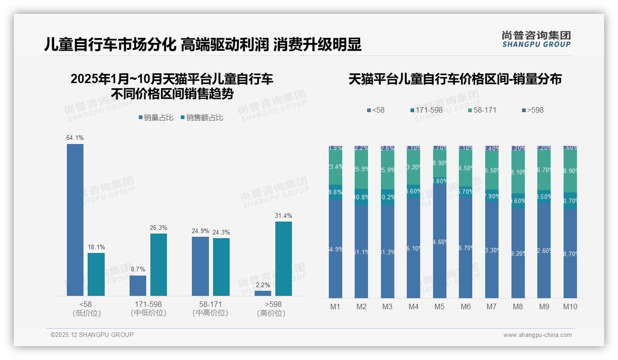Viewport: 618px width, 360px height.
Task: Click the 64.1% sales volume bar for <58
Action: point(75,220)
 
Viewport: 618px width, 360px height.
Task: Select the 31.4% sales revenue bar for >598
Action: point(284,258)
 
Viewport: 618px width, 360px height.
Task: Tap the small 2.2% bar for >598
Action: point(263,293)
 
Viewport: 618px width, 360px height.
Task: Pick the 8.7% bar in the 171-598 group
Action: point(138,286)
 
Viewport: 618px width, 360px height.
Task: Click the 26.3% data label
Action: point(158,228)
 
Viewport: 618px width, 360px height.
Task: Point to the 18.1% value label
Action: point(96,247)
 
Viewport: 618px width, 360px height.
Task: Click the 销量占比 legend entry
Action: point(156,118)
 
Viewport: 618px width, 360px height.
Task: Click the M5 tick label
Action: point(439,306)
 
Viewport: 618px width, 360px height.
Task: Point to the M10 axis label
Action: point(570,306)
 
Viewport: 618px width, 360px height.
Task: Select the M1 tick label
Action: point(335,306)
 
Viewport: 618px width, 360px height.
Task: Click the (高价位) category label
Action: point(271,313)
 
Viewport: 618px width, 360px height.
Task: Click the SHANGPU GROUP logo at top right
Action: point(536,39)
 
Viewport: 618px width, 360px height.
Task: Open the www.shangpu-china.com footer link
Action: point(537,335)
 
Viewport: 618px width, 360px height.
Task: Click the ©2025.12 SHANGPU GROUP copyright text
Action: point(92,335)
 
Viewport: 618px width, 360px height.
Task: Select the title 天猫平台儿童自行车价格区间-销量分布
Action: point(455,79)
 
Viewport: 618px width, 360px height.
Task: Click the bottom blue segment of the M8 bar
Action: point(518,253)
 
